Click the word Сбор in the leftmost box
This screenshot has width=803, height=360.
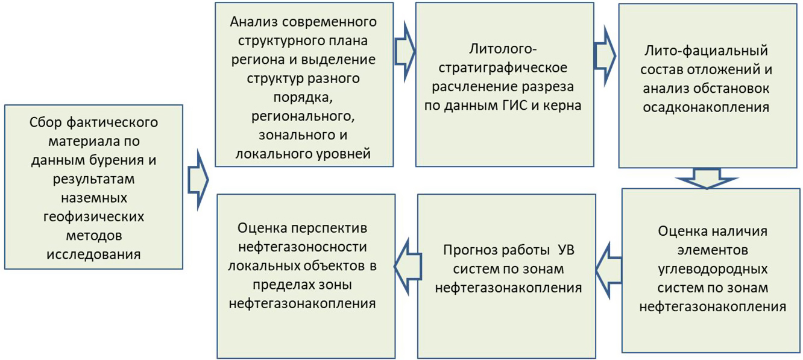pos(46,123)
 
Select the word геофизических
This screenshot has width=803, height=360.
pos(93,217)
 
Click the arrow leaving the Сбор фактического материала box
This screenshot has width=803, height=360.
pos(198,179)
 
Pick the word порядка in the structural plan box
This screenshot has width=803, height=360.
pos(303,98)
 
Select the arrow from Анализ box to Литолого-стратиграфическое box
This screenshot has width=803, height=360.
pos(405,52)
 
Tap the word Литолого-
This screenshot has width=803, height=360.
pos(503,49)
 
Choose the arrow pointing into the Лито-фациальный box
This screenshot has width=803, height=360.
pos(605,56)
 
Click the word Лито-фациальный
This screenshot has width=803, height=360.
pos(706,51)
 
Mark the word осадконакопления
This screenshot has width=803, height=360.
pos(706,107)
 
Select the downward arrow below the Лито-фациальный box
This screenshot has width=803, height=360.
pos(707,178)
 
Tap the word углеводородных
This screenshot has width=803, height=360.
pos(713,270)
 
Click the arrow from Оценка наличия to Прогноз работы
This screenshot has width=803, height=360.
pos(609,270)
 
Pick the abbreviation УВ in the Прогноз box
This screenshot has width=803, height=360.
pos(567,250)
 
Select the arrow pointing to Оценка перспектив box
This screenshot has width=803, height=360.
pos(408,267)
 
